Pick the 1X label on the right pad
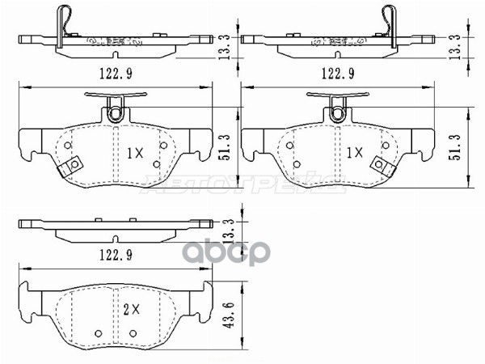(x=354, y=151)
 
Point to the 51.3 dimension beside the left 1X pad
(x=230, y=146)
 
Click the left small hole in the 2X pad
(x=99, y=332)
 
